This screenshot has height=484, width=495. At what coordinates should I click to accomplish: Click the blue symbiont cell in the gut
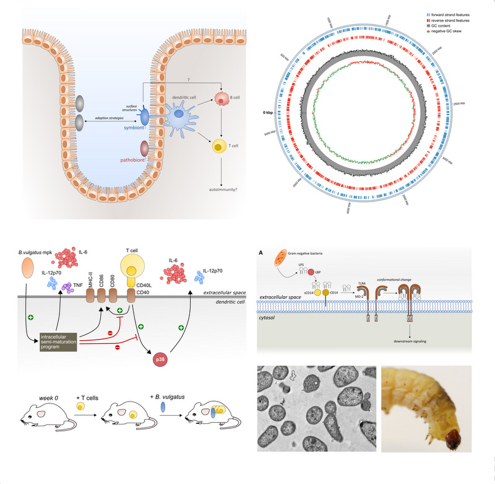[x=144, y=116]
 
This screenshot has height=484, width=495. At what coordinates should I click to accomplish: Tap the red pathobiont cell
[x=145, y=149]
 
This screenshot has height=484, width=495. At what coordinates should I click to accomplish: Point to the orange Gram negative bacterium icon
[x=280, y=254]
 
